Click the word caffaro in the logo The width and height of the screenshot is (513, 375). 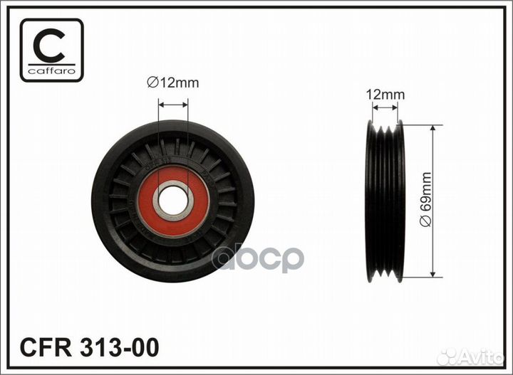[x=52, y=71]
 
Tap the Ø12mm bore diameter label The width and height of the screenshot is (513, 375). [x=172, y=83]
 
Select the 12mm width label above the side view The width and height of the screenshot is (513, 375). [x=385, y=95]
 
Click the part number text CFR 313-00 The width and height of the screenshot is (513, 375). [x=89, y=347]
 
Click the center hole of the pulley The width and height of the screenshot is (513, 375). [x=173, y=201]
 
